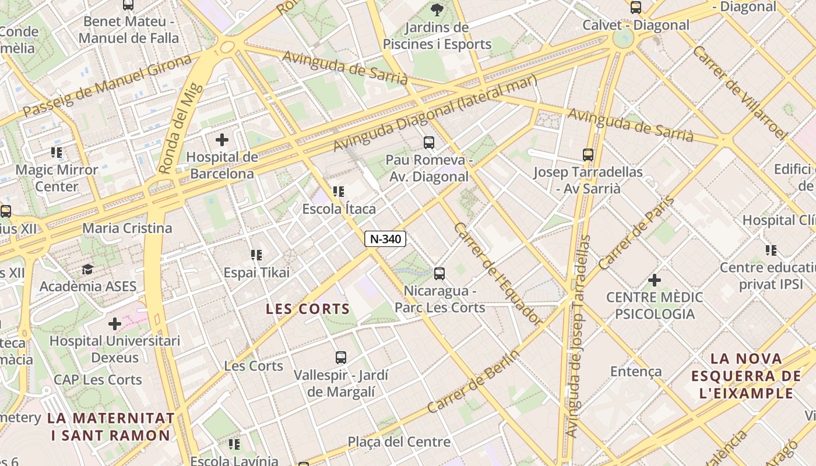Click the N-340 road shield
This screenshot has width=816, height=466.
click(x=385, y=239)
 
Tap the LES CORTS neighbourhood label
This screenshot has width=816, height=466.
click(x=308, y=309)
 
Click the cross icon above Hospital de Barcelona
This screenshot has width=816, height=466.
click(x=222, y=140)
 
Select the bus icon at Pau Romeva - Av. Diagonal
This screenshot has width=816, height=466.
click(x=429, y=142)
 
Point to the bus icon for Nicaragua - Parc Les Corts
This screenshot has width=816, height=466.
click(x=439, y=273)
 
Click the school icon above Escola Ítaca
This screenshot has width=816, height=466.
click(x=339, y=191)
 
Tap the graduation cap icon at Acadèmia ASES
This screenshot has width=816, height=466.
click(x=87, y=269)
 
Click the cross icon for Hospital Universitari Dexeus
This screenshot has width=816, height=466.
click(x=115, y=323)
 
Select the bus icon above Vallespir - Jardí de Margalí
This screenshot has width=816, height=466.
click(x=341, y=358)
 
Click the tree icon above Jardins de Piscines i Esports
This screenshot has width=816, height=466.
click(x=437, y=9)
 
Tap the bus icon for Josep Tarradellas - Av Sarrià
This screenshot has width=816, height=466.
click(x=588, y=155)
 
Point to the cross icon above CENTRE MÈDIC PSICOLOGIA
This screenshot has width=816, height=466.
click(x=655, y=280)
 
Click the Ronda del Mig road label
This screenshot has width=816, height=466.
click(x=181, y=128)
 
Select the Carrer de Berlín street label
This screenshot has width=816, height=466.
click(x=473, y=382)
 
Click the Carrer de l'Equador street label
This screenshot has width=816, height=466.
click(x=497, y=273)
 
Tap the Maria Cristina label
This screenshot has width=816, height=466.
click(x=127, y=228)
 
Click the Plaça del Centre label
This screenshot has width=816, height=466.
click(x=399, y=442)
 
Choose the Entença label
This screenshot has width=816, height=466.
click(x=636, y=372)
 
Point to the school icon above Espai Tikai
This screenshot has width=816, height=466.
click(x=256, y=255)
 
